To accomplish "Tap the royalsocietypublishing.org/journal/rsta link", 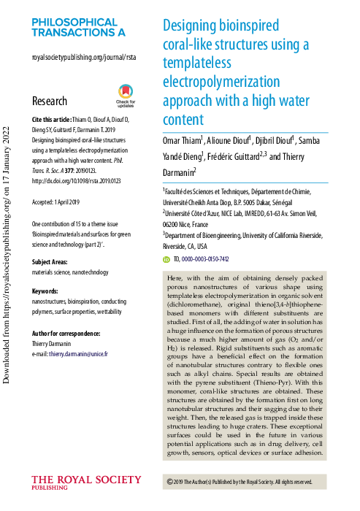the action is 84,56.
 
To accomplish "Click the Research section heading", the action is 50,101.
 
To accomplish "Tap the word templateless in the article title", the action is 195,62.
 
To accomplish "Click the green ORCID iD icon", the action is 166,259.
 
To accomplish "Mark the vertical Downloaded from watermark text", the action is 9,241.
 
